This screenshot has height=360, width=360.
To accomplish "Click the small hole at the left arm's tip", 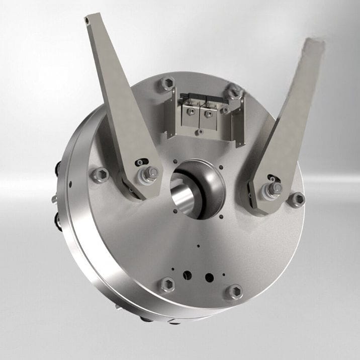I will [88, 20].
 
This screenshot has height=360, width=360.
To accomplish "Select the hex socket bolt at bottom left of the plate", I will [167, 285].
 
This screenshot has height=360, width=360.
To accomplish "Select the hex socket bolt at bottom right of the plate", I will [234, 291].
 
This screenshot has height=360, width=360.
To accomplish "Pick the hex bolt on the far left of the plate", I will [99, 174].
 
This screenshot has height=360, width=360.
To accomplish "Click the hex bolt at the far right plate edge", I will [297, 199].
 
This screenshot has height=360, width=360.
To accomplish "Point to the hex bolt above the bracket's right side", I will [234, 92].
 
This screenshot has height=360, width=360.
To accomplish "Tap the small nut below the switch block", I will [200, 132].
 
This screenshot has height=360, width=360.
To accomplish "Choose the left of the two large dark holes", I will [187, 275].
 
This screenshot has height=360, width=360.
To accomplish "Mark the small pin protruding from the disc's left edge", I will [54, 200].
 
